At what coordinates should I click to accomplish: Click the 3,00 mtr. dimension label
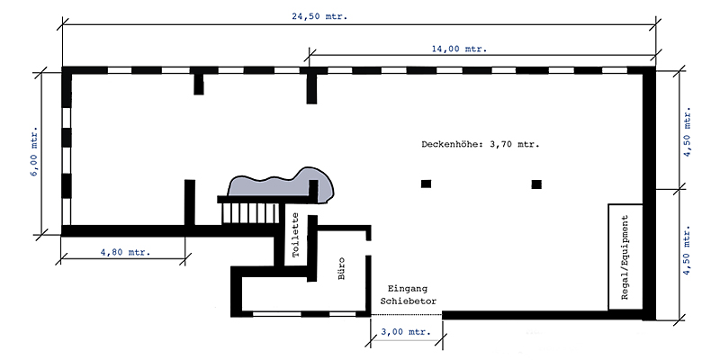(406, 332)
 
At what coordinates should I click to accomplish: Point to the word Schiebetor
(408, 301)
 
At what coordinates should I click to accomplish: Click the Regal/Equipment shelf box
(625, 256)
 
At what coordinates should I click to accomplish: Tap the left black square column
(426, 184)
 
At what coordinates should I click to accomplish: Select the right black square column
(536, 184)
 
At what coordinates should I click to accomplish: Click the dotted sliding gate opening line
(406, 314)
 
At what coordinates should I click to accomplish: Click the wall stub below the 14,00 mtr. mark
(312, 88)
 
